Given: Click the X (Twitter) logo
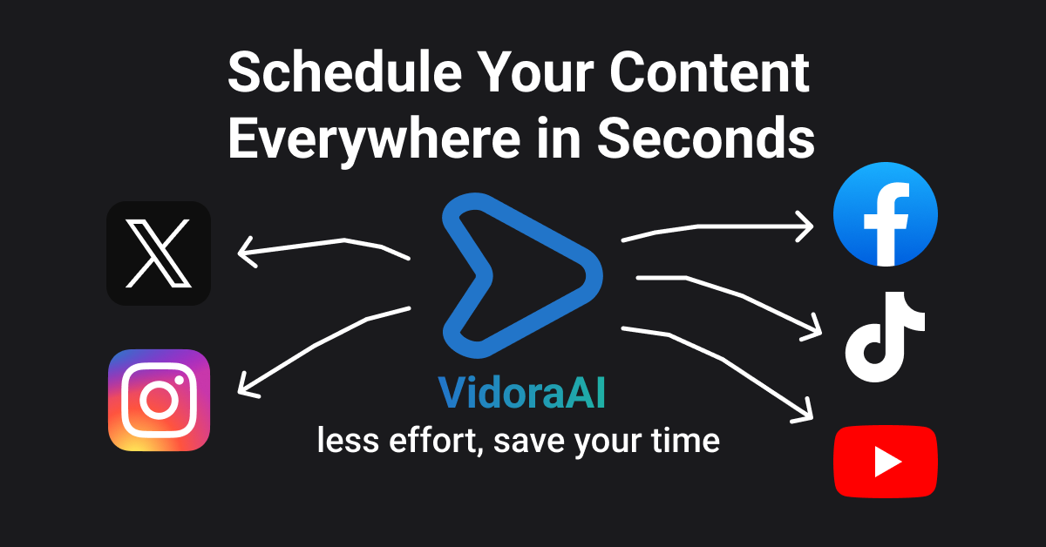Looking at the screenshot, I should (x=158, y=253).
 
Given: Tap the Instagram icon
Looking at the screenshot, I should (x=159, y=400).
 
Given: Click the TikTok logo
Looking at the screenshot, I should (x=885, y=341).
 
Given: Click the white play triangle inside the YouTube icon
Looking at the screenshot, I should (x=886, y=461).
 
